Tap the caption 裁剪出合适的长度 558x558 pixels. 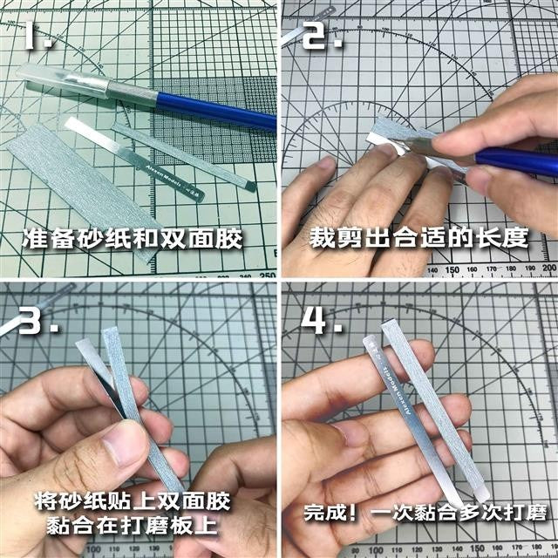tap(417, 238)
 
